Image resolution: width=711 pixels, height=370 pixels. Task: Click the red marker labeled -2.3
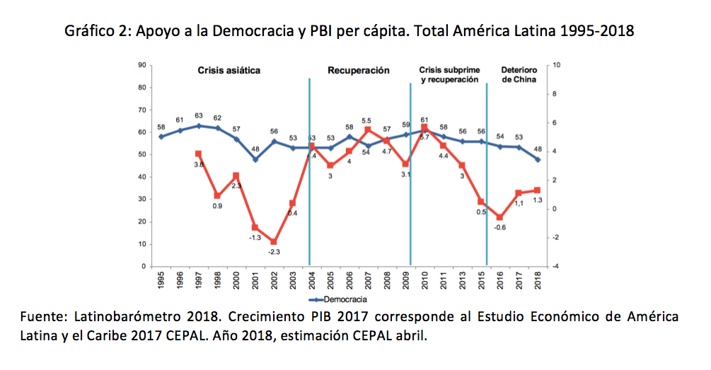coord(273,242)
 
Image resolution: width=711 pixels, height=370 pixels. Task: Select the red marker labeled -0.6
coord(500,218)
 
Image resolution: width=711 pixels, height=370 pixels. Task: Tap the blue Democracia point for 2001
coord(255,159)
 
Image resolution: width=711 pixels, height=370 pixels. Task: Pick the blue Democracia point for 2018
coord(538,159)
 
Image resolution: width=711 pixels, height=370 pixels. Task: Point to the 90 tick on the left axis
coord(141,65)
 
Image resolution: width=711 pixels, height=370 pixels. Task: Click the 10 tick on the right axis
coord(556,65)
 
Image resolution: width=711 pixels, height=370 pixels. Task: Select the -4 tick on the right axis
coord(556,266)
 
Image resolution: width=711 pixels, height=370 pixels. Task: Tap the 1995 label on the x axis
coord(161,282)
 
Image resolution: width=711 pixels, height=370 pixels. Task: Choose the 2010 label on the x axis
coord(424,282)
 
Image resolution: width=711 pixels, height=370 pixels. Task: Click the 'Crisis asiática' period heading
coord(229,71)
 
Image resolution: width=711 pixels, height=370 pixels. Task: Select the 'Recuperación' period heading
coord(359,71)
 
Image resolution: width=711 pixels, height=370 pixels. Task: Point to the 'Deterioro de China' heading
coord(519,75)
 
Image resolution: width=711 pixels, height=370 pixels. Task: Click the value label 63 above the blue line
coord(199,115)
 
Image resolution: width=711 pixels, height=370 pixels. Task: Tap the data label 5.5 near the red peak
coord(366,121)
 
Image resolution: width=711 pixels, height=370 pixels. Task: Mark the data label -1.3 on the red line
coord(255,238)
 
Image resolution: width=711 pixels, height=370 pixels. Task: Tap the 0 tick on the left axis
coord(144,266)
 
